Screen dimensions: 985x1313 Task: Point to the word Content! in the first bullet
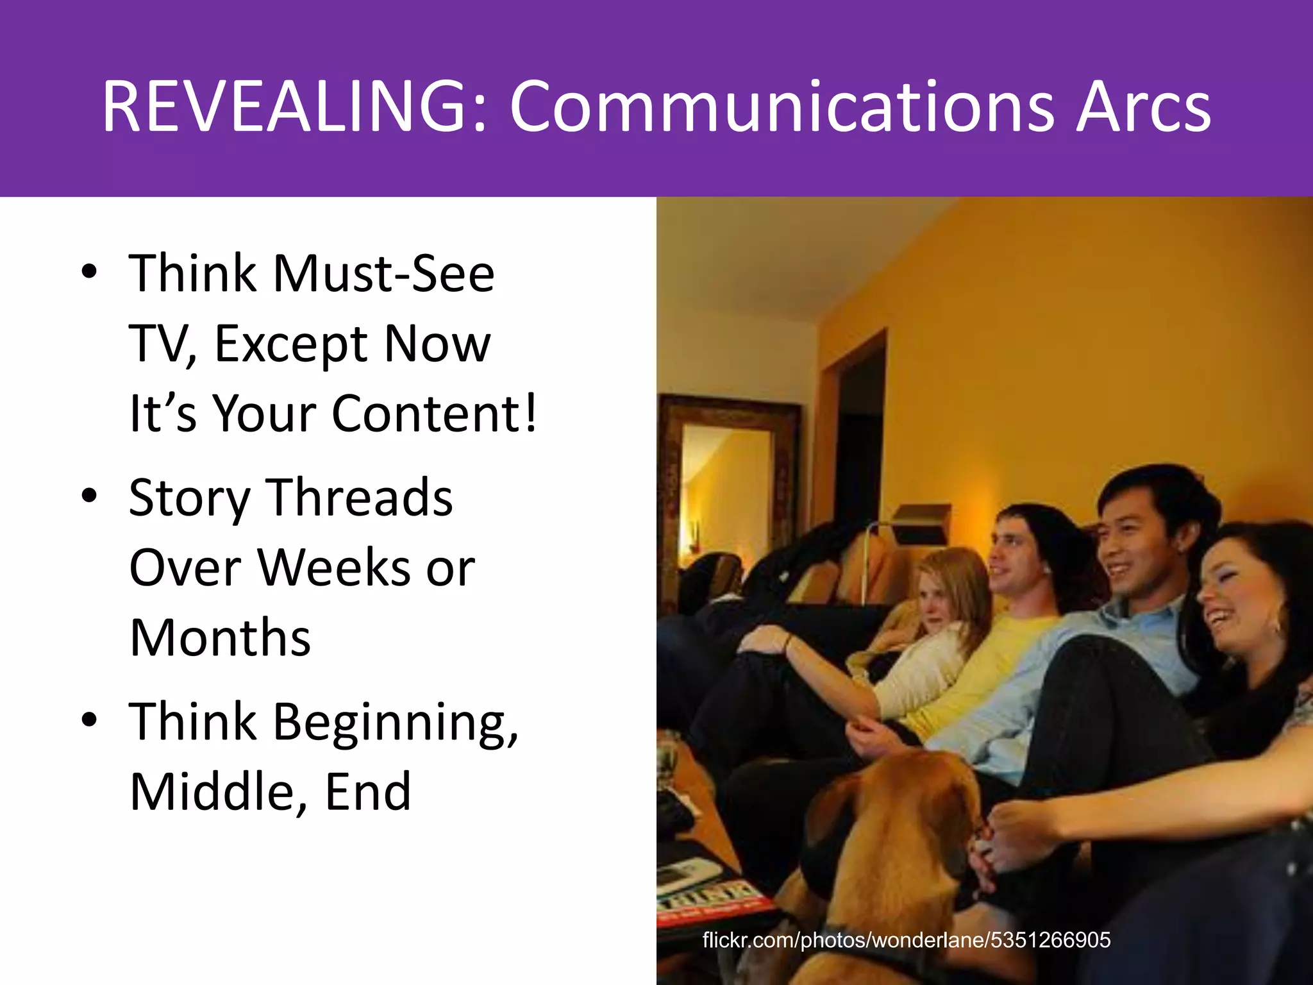(x=435, y=413)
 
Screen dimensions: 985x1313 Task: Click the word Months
(x=220, y=637)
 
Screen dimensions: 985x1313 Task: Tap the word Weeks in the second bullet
(x=333, y=568)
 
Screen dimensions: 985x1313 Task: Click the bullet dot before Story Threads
(x=90, y=495)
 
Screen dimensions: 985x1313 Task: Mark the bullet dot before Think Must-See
(x=90, y=271)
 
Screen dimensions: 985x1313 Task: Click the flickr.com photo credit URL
(x=906, y=940)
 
